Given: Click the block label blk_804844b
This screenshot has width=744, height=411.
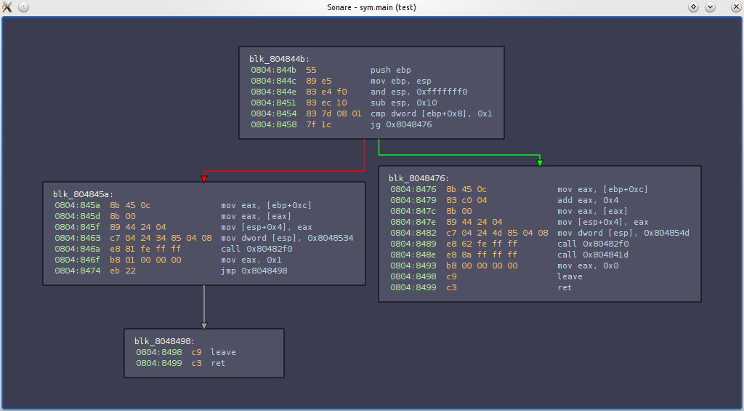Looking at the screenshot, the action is [280, 59].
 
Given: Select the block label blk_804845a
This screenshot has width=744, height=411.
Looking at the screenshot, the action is [84, 194].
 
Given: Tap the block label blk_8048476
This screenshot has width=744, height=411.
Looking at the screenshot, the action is [419, 178].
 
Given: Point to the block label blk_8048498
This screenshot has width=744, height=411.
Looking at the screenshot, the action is [165, 341].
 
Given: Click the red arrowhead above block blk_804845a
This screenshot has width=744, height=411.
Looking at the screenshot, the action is [204, 179].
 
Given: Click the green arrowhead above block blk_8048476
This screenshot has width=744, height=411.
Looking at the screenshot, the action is [540, 163].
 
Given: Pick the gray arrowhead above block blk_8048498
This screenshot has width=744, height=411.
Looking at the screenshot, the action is [204, 326].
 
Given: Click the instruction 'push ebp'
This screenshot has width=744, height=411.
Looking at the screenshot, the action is [390, 70].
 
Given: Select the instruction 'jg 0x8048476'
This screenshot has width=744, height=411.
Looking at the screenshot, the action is [401, 124].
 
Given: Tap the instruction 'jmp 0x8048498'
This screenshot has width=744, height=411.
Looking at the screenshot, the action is [254, 271].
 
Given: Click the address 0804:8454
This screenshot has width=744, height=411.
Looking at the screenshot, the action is [274, 113].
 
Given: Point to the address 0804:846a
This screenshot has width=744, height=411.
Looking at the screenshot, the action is [77, 249].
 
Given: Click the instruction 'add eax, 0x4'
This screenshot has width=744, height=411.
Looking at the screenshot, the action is [587, 200].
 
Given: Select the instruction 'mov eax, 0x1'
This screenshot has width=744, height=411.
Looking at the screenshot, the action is [251, 260].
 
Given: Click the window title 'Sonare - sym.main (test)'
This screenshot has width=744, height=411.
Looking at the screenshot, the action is [371, 7].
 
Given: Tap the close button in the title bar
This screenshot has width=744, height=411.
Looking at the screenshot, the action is [736, 7].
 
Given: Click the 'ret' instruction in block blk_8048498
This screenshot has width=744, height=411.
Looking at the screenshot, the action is [218, 363].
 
